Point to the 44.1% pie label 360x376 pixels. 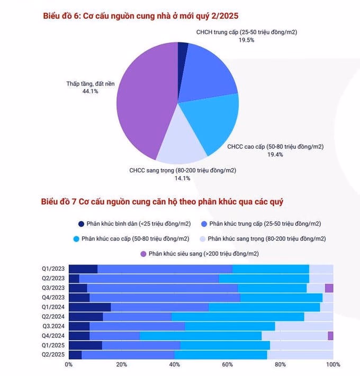pos(90,91)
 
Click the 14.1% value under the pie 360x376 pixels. pos(183,178)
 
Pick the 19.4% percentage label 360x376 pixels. pos(275,154)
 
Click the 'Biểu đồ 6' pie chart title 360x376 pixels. pos(140,16)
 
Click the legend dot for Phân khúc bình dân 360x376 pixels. pos(81,224)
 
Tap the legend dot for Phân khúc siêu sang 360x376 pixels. pos(143,254)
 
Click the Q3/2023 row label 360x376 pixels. pos(54,288)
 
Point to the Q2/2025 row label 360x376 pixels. pos(54,355)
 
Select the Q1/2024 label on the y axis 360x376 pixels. pos(54,307)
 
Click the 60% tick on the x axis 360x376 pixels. pos(228,364)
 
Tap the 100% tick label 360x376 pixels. pos(332,364)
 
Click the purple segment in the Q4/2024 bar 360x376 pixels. pos(330,336)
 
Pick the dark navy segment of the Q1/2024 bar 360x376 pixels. pos(90,307)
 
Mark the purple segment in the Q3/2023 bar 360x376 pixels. pos(329,288)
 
